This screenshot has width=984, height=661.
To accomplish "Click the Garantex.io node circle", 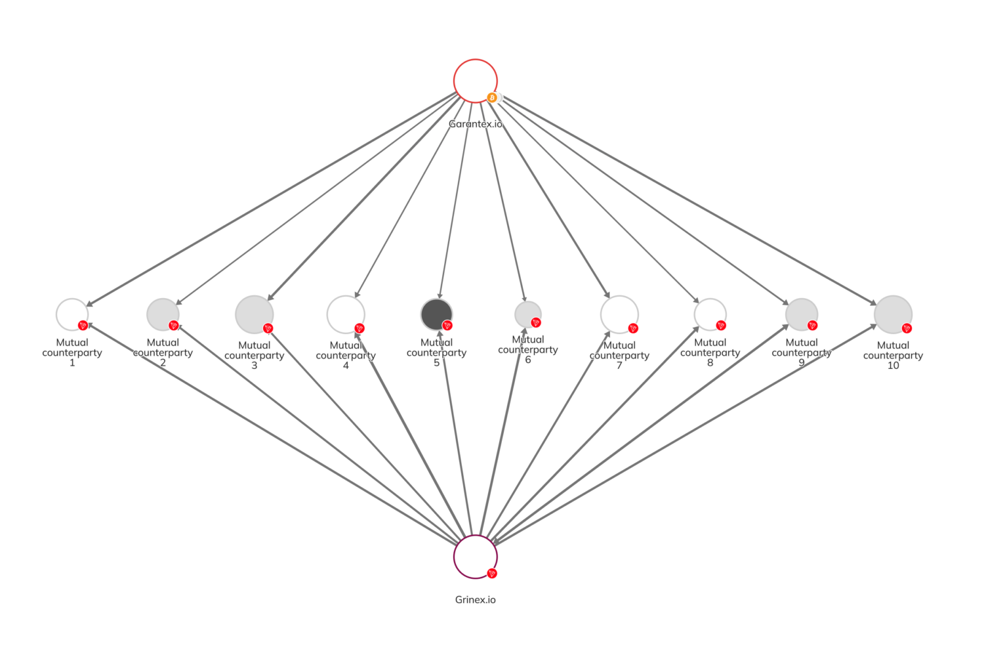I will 475,81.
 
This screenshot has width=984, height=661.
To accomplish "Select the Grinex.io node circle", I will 475,556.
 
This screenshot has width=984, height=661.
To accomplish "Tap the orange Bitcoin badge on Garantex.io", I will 492,98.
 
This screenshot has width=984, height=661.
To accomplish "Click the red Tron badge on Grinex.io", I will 492,573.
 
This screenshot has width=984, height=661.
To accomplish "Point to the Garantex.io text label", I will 475,123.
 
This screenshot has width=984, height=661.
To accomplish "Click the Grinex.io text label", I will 475,599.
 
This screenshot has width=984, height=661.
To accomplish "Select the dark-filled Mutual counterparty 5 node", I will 436,314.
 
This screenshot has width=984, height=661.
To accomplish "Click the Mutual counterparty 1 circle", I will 72,314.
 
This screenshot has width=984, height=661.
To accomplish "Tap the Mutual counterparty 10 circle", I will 893,314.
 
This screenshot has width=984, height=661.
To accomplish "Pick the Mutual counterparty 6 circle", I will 527,314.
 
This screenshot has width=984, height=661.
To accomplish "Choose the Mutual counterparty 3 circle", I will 254,314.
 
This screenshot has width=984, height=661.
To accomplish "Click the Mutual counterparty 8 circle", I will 710,314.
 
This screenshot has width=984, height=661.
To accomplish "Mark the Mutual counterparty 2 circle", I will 163,314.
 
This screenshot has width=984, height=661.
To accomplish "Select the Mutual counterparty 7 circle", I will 619,314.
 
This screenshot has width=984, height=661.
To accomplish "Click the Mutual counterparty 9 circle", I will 801,314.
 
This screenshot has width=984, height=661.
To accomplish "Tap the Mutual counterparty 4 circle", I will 345,314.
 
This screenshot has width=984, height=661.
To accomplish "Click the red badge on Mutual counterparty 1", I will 83,325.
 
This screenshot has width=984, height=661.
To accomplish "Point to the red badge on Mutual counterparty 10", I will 907,328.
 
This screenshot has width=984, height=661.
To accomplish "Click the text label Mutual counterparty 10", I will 893,355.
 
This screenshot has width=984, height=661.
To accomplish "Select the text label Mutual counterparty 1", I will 72,352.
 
